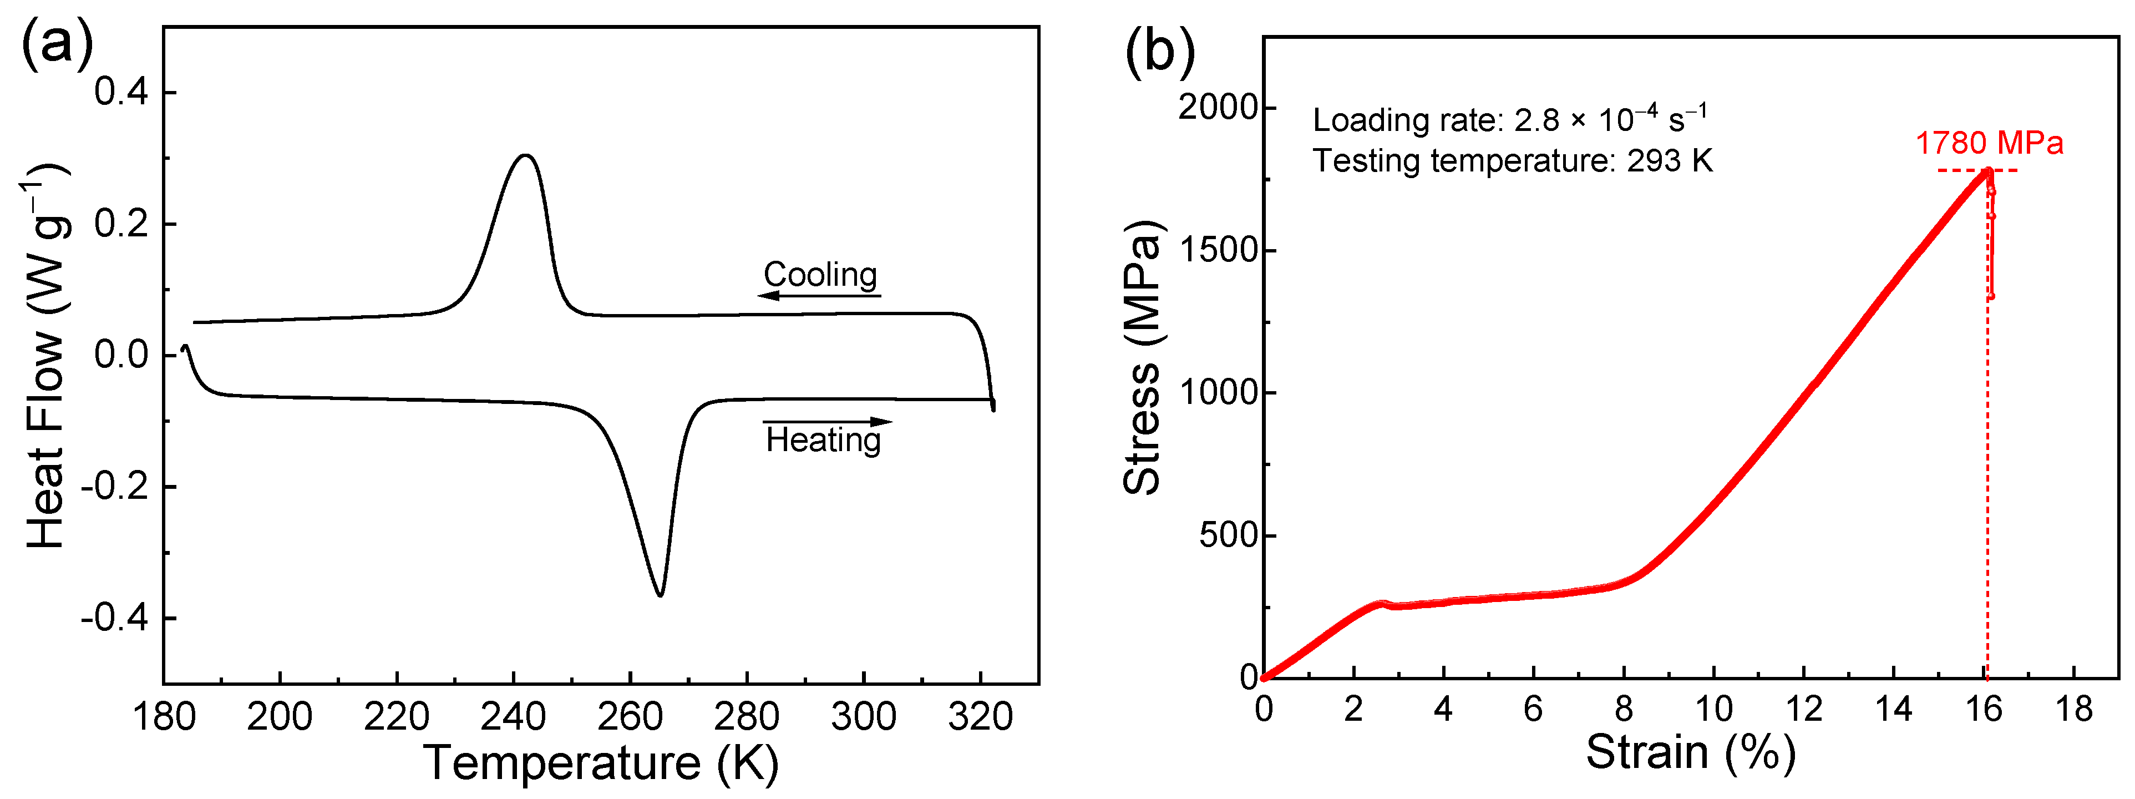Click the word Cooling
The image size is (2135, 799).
[x=820, y=274]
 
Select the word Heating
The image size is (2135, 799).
[x=823, y=440]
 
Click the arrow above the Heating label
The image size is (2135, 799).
[x=827, y=422]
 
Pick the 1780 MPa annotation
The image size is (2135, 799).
[x=1989, y=143]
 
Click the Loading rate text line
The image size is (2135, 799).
[x=1508, y=120]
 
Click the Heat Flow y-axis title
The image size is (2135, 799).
[x=47, y=356]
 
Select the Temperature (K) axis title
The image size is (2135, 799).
[x=601, y=762]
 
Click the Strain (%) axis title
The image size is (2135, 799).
[x=1690, y=752]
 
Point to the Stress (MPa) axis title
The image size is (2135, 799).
[x=1142, y=358]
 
